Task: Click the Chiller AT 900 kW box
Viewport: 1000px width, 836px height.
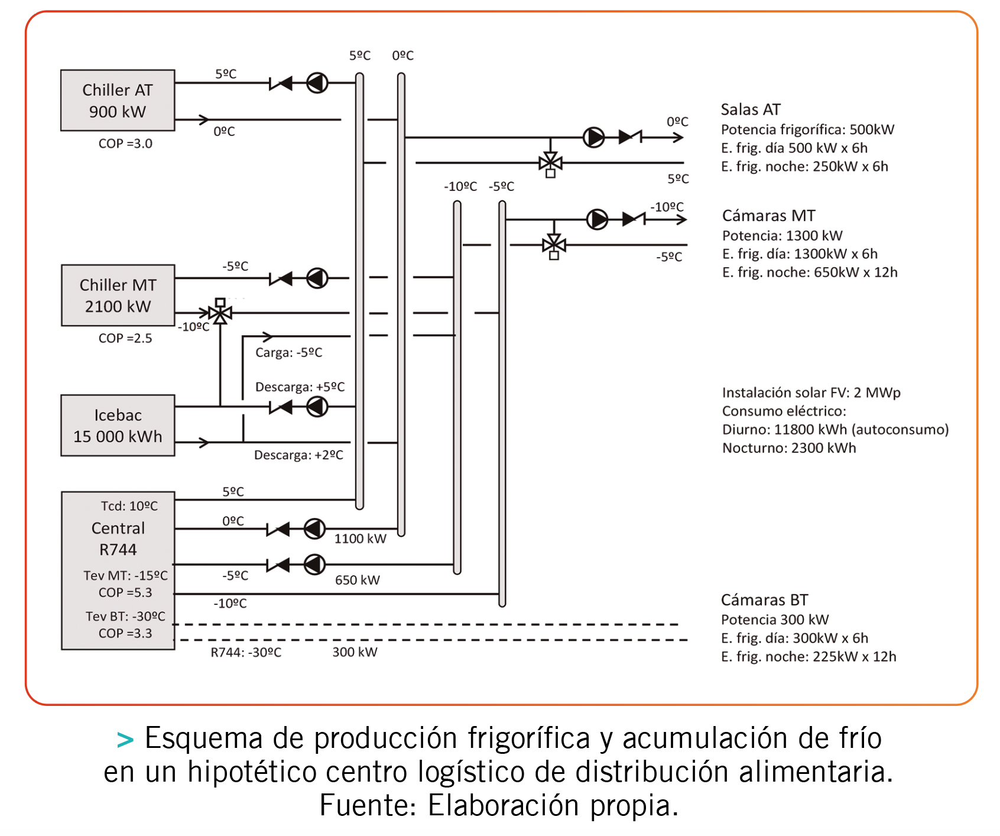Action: pyautogui.click(x=118, y=101)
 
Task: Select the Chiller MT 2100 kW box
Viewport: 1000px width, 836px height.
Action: pyautogui.click(x=118, y=295)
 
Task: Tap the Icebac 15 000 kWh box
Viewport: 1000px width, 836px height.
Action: pyautogui.click(x=118, y=425)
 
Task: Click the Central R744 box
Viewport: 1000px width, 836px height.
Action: pyautogui.click(x=118, y=571)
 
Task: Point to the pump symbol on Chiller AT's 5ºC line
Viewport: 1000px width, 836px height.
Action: pyautogui.click(x=317, y=83)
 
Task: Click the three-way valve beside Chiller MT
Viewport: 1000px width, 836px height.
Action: pyautogui.click(x=220, y=312)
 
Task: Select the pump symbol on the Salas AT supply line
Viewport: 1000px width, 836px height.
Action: pyautogui.click(x=594, y=137)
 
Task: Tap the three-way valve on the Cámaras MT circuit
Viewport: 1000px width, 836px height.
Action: pyautogui.click(x=554, y=244)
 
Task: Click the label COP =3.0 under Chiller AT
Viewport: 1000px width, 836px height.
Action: pyautogui.click(x=125, y=144)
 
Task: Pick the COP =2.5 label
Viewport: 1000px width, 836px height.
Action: pyautogui.click(x=125, y=338)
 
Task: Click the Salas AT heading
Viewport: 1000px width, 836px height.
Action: pyautogui.click(x=751, y=109)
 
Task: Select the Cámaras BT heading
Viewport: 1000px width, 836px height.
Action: pyautogui.click(x=764, y=600)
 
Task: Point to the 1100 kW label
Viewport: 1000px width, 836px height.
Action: pyautogui.click(x=360, y=539)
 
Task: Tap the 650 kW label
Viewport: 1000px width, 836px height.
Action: pyautogui.click(x=357, y=580)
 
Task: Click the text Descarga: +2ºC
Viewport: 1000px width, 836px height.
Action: pyautogui.click(x=298, y=455)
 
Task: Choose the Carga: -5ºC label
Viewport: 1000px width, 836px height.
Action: pyautogui.click(x=288, y=353)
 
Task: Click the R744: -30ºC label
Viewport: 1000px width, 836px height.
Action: pyautogui.click(x=246, y=653)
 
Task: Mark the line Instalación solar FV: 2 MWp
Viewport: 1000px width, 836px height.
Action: pyautogui.click(x=811, y=393)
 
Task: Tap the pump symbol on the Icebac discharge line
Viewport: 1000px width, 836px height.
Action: pyautogui.click(x=317, y=407)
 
